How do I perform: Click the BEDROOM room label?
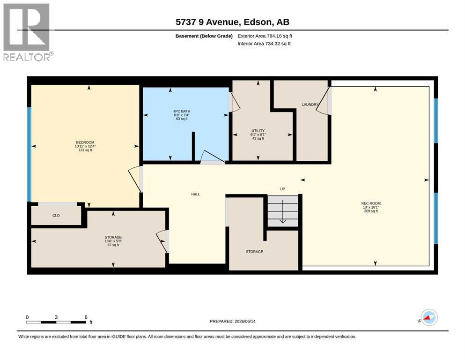[85, 142]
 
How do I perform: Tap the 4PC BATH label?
[182, 111]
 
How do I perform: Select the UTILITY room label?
[258, 131]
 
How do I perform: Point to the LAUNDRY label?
[310, 105]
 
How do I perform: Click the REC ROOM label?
[371, 203]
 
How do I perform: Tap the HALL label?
[195, 194]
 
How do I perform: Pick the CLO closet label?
[56, 216]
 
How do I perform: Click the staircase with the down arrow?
[283, 211]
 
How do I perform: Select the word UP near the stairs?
[283, 189]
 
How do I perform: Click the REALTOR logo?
[27, 32]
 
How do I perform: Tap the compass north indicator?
[429, 317]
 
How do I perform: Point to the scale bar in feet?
[56, 322]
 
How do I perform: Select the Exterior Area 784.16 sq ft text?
[265, 36]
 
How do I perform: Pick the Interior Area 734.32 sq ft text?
[264, 44]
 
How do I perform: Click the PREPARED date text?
[232, 321]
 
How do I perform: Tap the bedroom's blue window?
[29, 154]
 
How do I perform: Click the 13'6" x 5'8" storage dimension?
[113, 241]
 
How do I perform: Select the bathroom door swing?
[213, 157]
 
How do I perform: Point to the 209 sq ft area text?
[371, 211]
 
